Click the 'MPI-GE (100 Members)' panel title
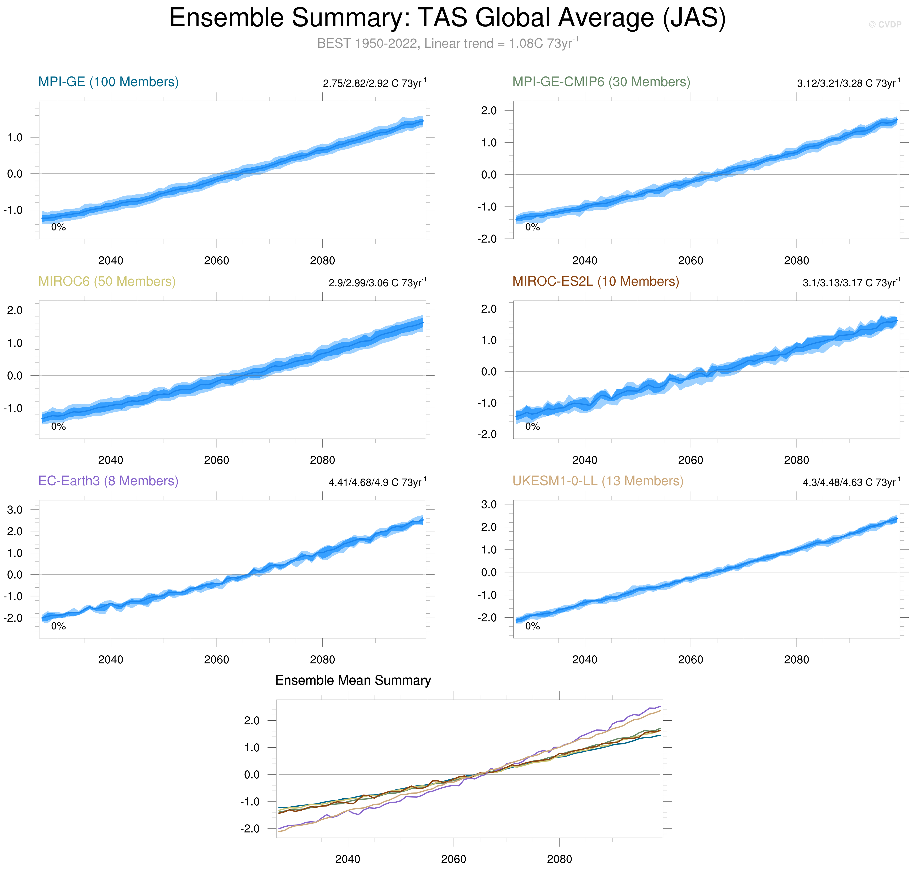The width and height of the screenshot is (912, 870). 108,82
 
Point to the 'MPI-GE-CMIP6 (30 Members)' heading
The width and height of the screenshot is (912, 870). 601,82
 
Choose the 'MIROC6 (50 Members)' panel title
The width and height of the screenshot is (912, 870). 107,282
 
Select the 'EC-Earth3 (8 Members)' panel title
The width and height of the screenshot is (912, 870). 108,481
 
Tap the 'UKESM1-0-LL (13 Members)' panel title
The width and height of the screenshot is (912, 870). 597,481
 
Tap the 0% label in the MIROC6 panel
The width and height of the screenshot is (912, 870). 58,427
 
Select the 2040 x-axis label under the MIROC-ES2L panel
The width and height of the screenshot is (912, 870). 585,460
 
